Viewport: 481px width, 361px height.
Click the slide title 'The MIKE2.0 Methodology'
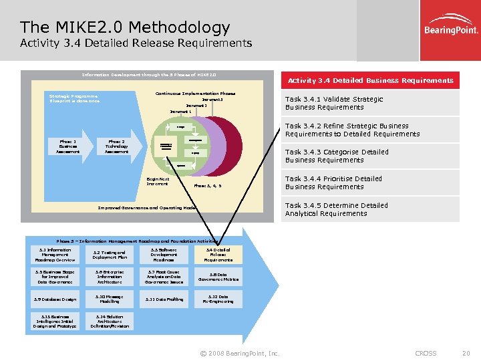click(x=125, y=27)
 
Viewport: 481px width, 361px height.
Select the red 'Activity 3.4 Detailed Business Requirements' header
click(x=370, y=80)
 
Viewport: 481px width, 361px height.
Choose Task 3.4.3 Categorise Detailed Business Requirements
click(x=337, y=156)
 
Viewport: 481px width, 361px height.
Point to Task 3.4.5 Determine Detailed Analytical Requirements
click(x=336, y=209)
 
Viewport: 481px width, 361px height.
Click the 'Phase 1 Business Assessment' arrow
click(x=69, y=146)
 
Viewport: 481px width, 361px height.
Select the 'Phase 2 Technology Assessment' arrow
click(x=117, y=146)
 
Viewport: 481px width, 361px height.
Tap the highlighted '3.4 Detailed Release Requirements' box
click(x=218, y=255)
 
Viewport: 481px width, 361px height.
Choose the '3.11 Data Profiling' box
click(x=164, y=299)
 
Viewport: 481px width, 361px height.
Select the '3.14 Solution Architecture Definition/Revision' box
click(x=110, y=322)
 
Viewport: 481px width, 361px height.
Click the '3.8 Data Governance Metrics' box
click(x=218, y=277)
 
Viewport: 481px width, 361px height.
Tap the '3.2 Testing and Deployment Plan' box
click(x=110, y=255)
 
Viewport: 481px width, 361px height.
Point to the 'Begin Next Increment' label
click(x=158, y=181)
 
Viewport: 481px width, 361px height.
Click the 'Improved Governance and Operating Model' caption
click(x=148, y=208)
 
